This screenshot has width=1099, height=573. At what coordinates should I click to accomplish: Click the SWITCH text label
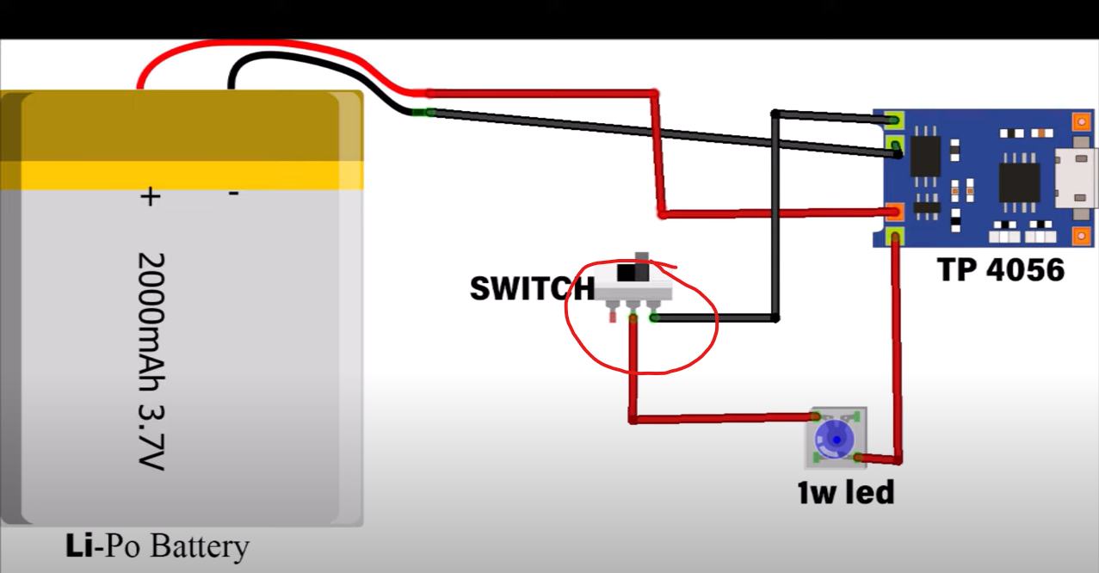point(531,288)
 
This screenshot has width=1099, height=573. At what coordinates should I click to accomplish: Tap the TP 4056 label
point(1001,270)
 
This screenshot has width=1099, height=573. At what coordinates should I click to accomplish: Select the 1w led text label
point(845,492)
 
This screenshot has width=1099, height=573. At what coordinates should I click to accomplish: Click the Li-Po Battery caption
point(157,546)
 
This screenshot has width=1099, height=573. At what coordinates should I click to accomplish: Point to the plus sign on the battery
point(150,197)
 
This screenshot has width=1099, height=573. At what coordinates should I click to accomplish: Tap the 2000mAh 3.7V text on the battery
point(151,361)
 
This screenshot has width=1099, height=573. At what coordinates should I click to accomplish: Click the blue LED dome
point(833,437)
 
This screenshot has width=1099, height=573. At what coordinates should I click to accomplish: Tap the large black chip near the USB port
point(1019,183)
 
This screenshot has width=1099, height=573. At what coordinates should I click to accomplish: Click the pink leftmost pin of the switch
point(613,316)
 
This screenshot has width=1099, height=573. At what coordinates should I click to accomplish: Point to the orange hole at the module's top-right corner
point(1083,120)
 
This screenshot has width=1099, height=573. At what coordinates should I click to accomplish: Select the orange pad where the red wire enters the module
point(895,212)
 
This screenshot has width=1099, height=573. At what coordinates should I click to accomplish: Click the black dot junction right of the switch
point(775,318)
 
